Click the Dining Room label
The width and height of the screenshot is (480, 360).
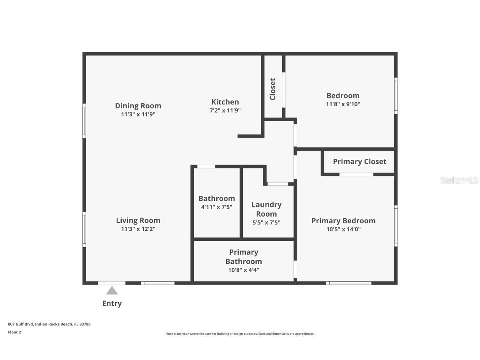pos(138,106)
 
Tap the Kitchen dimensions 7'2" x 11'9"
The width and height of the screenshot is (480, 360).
pos(225,111)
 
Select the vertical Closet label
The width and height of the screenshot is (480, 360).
pos(273,89)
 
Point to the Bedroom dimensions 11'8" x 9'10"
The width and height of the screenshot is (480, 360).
pos(342,104)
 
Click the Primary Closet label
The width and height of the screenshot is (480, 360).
pos(359,162)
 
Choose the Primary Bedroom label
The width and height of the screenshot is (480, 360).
pos(343,221)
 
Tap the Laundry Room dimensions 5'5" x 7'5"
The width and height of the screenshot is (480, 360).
pos(266,222)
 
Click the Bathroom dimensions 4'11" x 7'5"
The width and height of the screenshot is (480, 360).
pos(216,207)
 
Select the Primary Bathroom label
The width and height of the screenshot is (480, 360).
pos(244,257)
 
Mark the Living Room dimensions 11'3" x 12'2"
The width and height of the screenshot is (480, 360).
pos(138,229)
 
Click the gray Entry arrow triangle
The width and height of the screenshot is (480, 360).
pos(112,290)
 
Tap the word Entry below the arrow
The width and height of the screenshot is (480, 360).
pos(112,303)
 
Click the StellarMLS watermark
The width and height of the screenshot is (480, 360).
pos(459,180)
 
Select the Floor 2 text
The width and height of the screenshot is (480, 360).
pos(14,332)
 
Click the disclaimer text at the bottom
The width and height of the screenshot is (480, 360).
pos(240,334)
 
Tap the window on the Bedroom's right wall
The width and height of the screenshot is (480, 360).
pos(396,95)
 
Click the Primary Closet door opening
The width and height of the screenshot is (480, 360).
pos(356,174)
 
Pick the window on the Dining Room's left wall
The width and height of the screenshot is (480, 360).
pos(84,121)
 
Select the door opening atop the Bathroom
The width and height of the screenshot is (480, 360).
pos(206,167)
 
